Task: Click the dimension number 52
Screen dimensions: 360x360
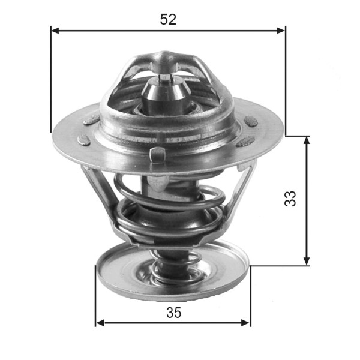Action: tap(168, 19)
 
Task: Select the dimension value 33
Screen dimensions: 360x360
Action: tap(290, 199)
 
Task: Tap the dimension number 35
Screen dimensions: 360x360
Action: tap(173, 312)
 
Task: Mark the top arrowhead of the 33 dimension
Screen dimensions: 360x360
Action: tap(307, 140)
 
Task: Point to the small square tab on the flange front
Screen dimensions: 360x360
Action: tap(158, 154)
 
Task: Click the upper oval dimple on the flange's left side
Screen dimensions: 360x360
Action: tap(91, 120)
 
